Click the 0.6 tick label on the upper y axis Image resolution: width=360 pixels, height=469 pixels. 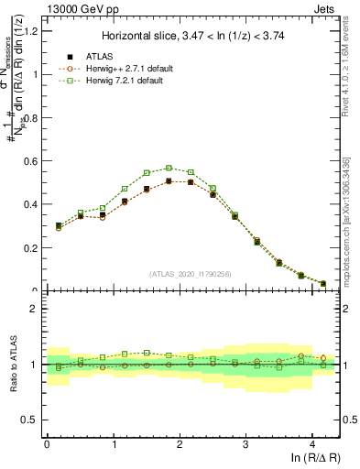29,161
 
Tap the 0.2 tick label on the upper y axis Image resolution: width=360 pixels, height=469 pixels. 29,248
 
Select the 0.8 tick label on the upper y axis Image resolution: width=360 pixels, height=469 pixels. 29,118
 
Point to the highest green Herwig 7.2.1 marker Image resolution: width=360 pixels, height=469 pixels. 169,168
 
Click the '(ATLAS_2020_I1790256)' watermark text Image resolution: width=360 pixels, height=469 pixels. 191,274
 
